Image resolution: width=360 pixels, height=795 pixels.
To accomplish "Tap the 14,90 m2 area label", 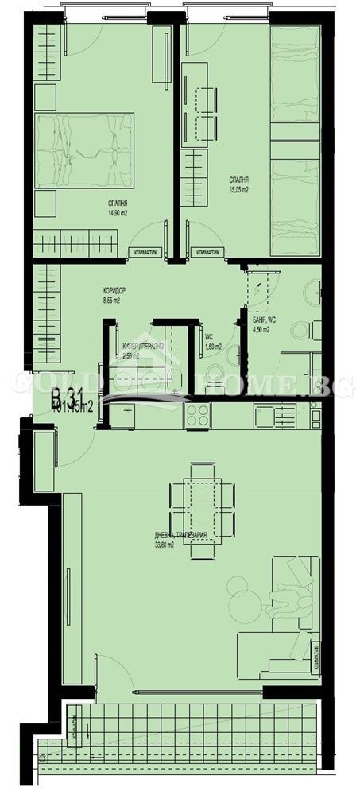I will (118, 213).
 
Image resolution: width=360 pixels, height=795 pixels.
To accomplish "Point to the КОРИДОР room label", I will (114, 291).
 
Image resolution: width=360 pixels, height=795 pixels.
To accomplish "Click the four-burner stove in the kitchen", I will (197, 414).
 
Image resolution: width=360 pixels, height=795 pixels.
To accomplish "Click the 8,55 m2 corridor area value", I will (111, 301).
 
